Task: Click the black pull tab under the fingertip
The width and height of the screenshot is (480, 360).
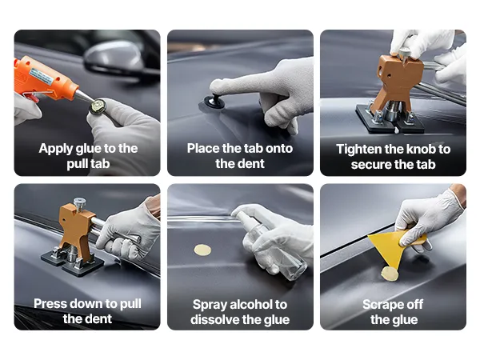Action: click(x=215, y=101)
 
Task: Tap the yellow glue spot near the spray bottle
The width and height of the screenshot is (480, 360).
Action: click(x=202, y=250)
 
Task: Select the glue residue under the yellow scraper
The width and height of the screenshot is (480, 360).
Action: click(x=390, y=274)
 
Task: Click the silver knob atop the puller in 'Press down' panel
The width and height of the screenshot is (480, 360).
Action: click(x=79, y=203)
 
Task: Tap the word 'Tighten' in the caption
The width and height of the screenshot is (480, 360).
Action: click(x=358, y=150)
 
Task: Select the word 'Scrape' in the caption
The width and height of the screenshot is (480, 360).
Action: click(x=382, y=305)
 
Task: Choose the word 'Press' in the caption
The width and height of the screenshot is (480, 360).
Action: click(x=49, y=304)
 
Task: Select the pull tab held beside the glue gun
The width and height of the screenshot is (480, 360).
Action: click(x=98, y=106)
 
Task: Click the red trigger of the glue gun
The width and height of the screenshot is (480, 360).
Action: click(x=31, y=97)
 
